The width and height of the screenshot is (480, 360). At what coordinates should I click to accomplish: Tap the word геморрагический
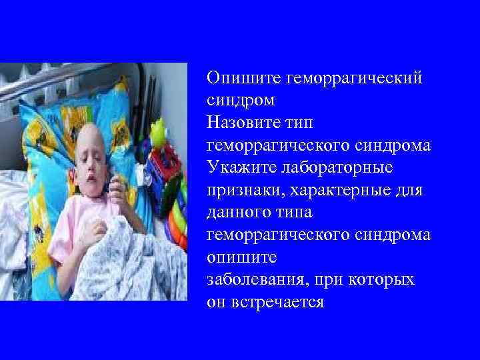[354, 79]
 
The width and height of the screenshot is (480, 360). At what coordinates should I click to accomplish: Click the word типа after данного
[297, 213]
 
